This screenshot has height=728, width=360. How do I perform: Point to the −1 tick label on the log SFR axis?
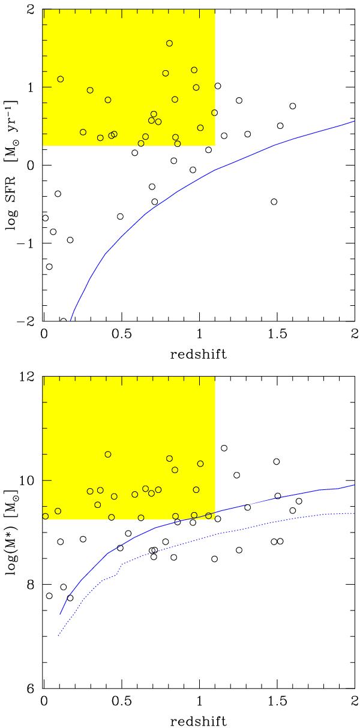click(28, 243)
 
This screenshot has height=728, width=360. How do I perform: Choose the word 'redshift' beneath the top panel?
click(197, 354)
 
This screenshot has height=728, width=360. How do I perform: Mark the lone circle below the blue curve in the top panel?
click(274, 201)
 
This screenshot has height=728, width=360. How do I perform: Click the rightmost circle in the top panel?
click(293, 106)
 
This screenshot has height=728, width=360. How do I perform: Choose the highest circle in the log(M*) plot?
click(224, 448)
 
